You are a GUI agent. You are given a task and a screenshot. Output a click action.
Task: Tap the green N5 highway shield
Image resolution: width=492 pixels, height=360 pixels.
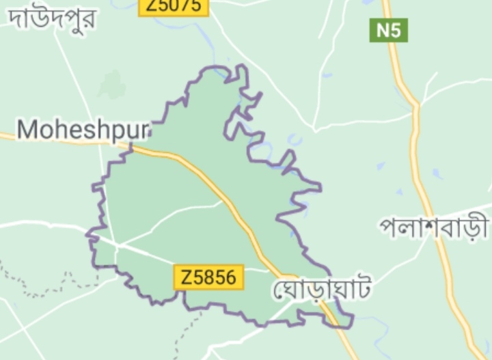[x=389, y=31]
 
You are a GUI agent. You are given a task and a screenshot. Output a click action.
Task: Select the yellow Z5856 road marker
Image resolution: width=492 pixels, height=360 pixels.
[x=209, y=277]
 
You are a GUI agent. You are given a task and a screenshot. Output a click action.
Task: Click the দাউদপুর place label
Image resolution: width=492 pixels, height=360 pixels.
[x=51, y=18]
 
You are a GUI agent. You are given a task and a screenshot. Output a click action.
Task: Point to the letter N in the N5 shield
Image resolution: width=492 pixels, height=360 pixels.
[x=383, y=31]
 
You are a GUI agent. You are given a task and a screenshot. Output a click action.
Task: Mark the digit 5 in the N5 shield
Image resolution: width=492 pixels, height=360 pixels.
[x=396, y=31]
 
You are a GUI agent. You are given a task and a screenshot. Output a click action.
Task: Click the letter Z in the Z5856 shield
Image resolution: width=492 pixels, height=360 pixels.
[x=186, y=277]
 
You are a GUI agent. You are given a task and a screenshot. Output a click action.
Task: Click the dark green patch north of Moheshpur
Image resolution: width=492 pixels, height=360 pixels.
[x=111, y=85]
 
